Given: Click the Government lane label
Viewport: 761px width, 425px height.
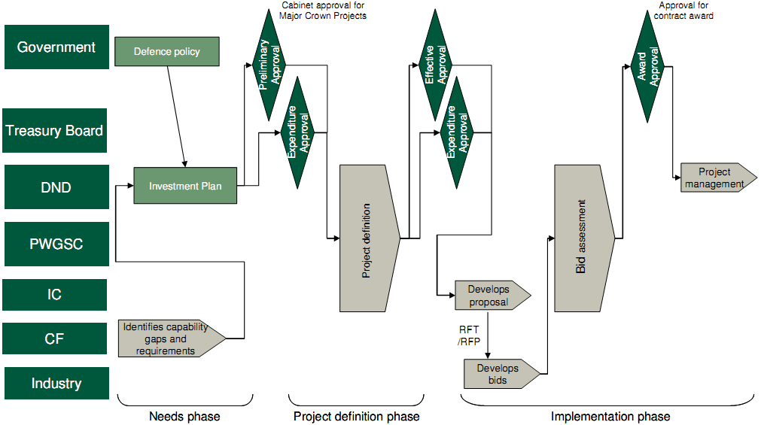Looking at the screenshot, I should click(x=56, y=47).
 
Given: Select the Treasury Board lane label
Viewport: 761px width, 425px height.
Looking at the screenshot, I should click(x=54, y=131).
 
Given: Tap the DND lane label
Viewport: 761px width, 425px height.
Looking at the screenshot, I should click(x=56, y=187).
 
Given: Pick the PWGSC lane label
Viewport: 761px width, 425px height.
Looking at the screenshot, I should click(x=56, y=244).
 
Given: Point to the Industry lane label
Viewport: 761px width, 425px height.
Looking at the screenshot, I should click(x=56, y=384).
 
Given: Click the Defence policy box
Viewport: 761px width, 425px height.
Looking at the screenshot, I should click(x=167, y=52).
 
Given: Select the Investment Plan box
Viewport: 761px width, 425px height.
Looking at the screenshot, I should click(x=185, y=186).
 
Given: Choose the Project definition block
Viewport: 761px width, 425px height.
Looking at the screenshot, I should click(x=367, y=238).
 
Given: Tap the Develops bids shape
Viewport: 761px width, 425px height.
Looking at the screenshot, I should click(x=499, y=374).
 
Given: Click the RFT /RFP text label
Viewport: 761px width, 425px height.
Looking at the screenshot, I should click(x=469, y=335).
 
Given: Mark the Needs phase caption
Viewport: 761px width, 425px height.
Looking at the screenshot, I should click(x=184, y=416).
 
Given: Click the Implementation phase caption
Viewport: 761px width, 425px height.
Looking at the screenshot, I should click(x=610, y=416).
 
